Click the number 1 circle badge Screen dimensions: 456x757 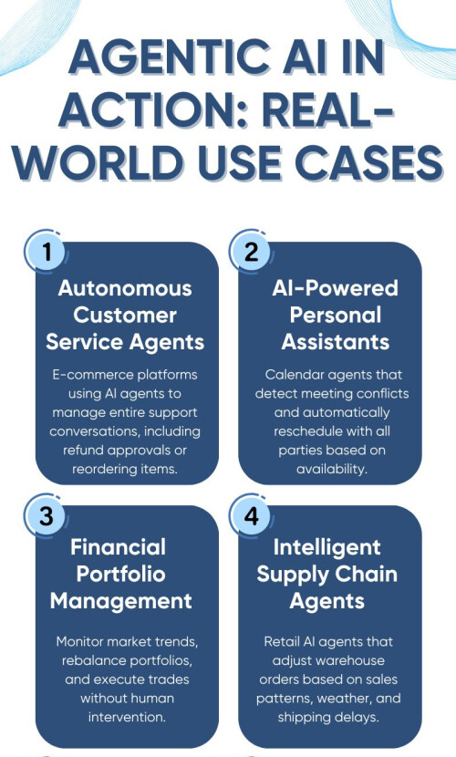point(47,252)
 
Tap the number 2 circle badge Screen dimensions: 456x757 point(251,252)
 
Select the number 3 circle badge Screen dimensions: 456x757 point(47,515)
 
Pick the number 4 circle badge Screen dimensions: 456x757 point(251,515)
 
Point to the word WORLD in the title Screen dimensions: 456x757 point(98,161)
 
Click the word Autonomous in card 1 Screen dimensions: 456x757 point(125,288)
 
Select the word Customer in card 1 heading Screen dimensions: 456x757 point(125,316)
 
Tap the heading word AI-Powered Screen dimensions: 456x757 point(335,288)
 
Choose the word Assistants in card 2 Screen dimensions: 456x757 point(336,342)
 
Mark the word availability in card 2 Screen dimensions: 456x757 point(331,469)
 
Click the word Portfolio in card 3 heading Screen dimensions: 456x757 point(120,574)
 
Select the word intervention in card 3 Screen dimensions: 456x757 point(127,717)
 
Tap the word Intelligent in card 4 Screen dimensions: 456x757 point(327,547)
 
